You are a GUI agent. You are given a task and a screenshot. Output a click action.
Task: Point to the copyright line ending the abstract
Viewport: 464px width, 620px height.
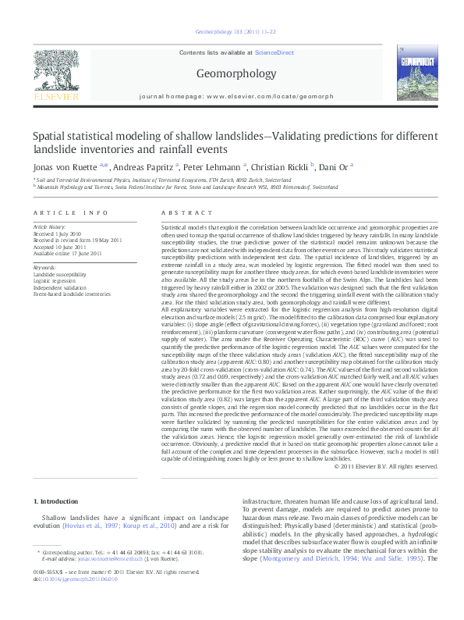(x=385, y=466)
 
